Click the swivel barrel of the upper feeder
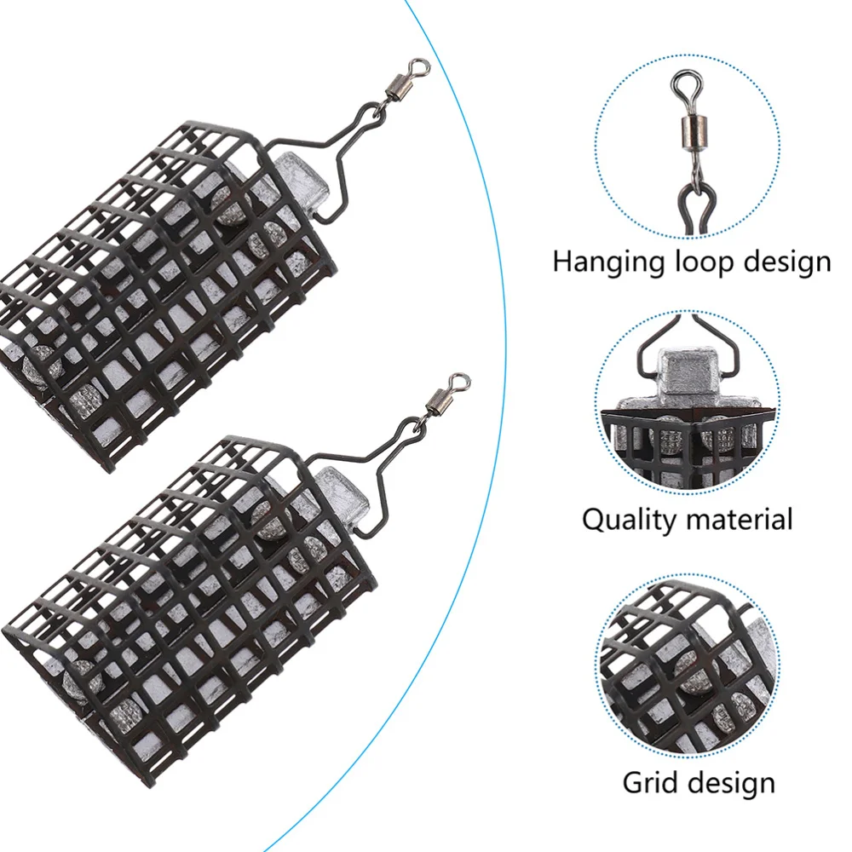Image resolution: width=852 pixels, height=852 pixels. point(396,85)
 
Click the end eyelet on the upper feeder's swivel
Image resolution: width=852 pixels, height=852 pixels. point(417,63)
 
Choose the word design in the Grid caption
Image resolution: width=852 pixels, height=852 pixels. point(734,782)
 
